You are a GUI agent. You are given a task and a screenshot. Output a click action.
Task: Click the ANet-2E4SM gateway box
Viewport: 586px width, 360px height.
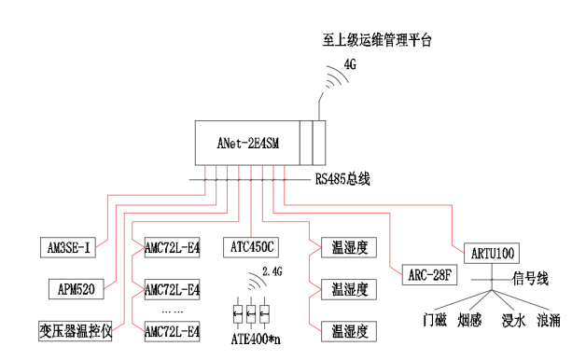(252, 143)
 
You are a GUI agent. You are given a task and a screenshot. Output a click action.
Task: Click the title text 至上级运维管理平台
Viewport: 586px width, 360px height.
(377, 39)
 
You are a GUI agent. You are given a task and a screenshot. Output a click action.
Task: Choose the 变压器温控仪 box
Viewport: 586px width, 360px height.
(75, 330)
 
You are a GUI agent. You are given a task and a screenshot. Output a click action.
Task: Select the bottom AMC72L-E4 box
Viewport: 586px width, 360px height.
(172, 330)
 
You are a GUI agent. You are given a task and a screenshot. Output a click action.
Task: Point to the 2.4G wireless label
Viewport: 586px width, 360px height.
(272, 270)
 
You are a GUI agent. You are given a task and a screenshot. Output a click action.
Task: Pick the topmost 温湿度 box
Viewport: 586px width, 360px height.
(346, 246)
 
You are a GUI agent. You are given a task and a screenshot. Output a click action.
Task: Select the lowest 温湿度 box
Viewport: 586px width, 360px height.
(346, 330)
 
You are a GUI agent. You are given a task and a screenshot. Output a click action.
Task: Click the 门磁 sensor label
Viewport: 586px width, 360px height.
(435, 321)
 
